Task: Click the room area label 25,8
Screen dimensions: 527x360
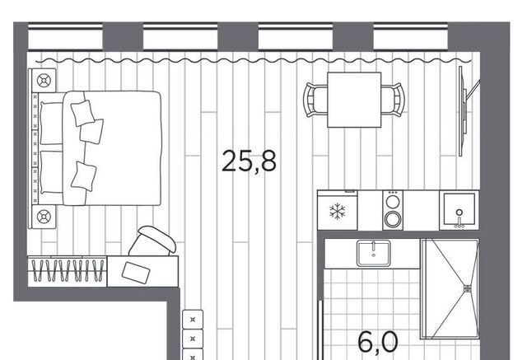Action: click(x=249, y=161)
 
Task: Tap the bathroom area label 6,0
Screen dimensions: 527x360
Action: click(x=378, y=342)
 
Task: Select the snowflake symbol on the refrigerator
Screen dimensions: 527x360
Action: click(x=337, y=212)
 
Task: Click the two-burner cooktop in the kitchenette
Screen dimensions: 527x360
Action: click(x=393, y=210)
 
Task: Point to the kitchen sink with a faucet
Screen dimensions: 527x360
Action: click(x=459, y=210)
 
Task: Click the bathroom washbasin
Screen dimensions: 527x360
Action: click(x=373, y=253)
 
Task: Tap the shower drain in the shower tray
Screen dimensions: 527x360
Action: click(x=468, y=288)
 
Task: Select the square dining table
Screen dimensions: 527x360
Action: click(x=354, y=100)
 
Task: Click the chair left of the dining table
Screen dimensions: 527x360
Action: click(x=315, y=100)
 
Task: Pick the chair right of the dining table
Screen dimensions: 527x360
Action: click(x=394, y=100)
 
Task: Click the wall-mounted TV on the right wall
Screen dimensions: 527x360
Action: click(x=463, y=111)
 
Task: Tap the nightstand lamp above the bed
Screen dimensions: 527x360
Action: click(x=44, y=81)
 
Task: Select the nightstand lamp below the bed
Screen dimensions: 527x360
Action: click(x=44, y=217)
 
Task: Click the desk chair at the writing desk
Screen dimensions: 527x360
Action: click(x=153, y=241)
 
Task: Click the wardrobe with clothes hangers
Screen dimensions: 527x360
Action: click(x=68, y=272)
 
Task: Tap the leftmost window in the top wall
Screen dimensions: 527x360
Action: click(x=65, y=36)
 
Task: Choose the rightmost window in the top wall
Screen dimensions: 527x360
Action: click(x=410, y=36)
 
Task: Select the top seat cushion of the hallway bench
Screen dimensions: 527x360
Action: click(x=193, y=320)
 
